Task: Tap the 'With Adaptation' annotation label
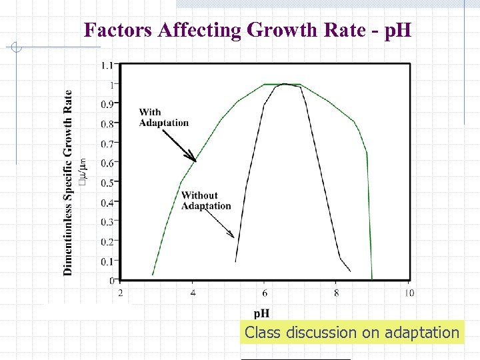(x=163, y=117)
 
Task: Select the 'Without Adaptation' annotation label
(x=206, y=201)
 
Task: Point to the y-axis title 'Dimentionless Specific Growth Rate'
(x=68, y=182)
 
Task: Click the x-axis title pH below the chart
(x=261, y=313)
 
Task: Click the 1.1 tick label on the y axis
(x=107, y=65)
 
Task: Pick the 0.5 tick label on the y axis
(x=107, y=183)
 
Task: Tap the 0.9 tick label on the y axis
(x=107, y=104)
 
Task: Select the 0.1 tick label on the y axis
(x=107, y=261)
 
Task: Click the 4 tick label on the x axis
(x=193, y=293)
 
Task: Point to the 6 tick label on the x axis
(x=265, y=293)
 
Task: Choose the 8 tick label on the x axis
(x=337, y=293)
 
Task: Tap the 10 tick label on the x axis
(x=409, y=293)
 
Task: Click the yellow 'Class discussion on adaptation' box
(x=351, y=333)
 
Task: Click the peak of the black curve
(x=285, y=84)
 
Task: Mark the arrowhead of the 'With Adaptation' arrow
(x=195, y=160)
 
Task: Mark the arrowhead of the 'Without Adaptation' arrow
(x=233, y=236)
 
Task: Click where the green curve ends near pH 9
(x=372, y=278)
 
